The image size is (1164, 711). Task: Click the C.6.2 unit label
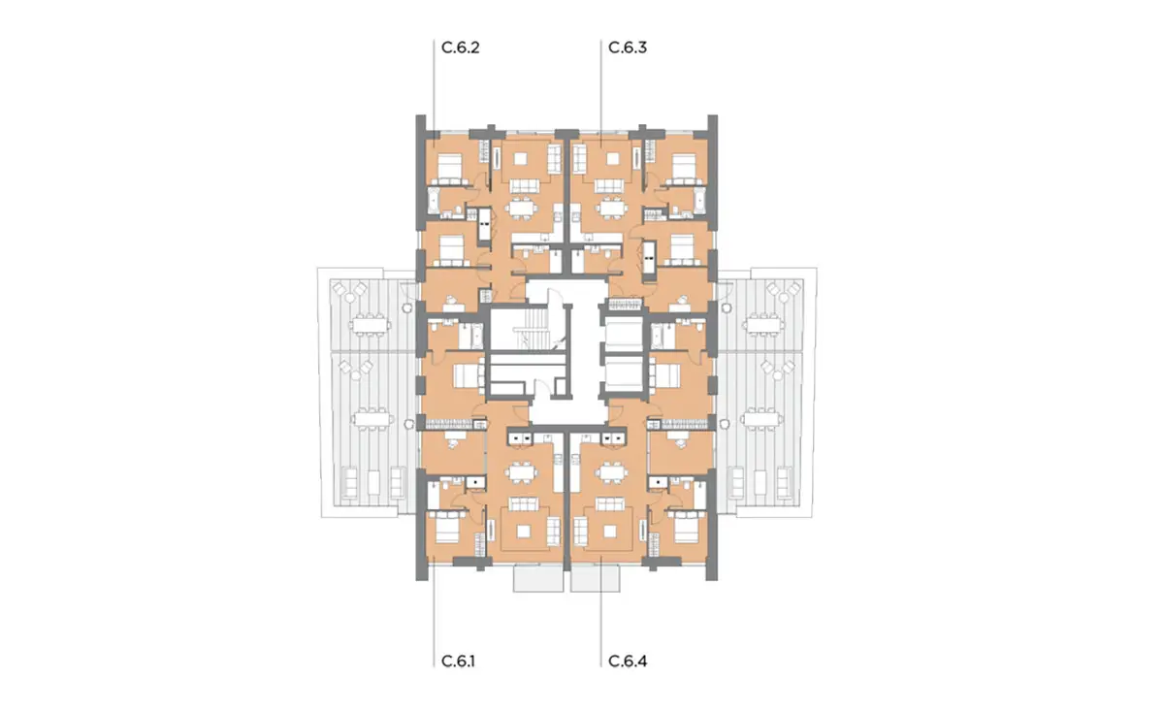point(461,47)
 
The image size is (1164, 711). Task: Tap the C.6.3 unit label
point(628,47)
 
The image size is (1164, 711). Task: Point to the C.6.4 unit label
point(628,663)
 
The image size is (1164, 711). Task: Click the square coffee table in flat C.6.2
point(526,155)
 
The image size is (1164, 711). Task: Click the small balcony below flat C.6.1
point(537,580)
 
